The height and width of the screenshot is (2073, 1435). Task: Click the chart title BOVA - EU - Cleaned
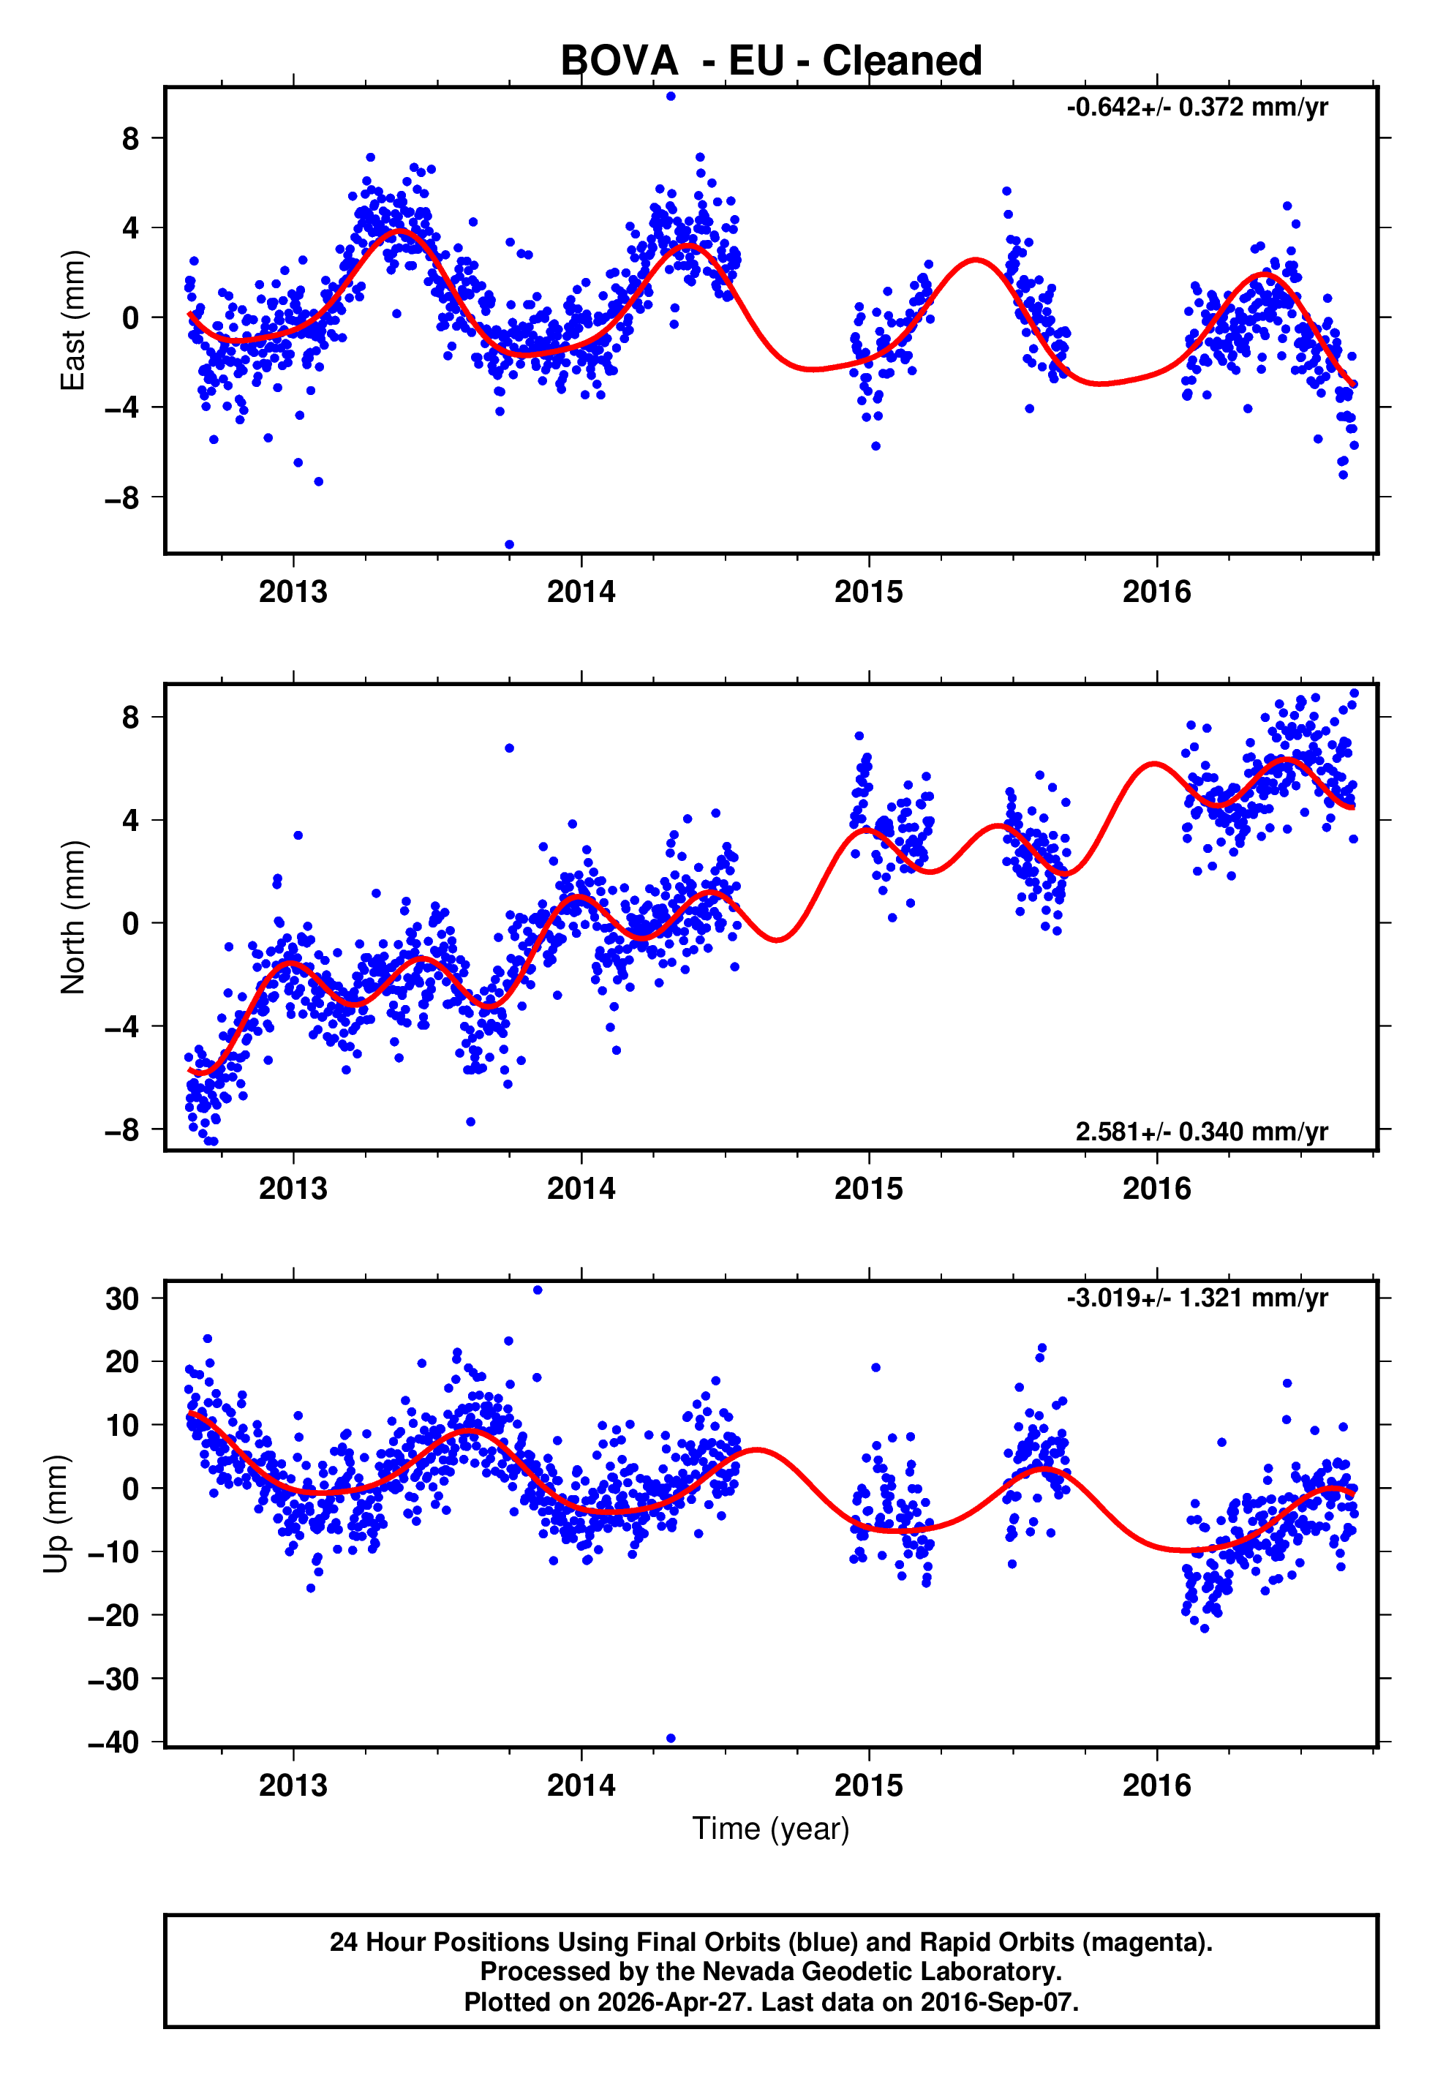(x=771, y=61)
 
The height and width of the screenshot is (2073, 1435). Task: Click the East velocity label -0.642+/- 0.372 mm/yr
(x=1197, y=107)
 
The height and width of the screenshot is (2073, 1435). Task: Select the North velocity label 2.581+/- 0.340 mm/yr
(x=1201, y=1131)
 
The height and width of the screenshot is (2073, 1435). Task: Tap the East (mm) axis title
(x=72, y=320)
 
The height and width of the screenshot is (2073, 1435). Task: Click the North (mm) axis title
(x=72, y=917)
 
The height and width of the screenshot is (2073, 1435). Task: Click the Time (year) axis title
(x=771, y=1829)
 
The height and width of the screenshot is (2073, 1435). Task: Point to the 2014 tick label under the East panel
(x=581, y=592)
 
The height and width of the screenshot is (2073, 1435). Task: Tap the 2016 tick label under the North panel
(x=1156, y=1189)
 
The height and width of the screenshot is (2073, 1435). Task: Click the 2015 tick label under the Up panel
(x=869, y=1785)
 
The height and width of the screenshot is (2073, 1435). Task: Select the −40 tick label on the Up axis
(x=113, y=1742)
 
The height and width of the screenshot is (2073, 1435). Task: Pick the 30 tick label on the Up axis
(x=122, y=1298)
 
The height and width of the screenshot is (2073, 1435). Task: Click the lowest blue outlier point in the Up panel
(x=671, y=1738)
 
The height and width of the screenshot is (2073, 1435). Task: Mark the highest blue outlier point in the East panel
(x=671, y=96)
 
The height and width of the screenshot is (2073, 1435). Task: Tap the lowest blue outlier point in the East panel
(x=509, y=544)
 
